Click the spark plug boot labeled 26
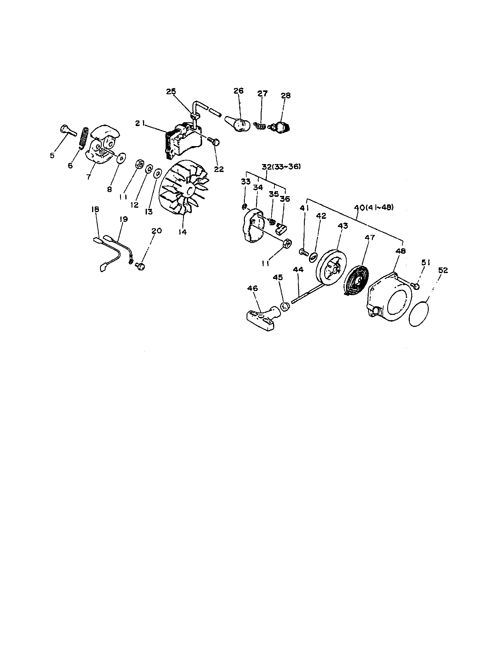[x=240, y=125]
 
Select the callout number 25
[x=171, y=91]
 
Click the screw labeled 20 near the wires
[x=140, y=266]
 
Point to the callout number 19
[x=124, y=219]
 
